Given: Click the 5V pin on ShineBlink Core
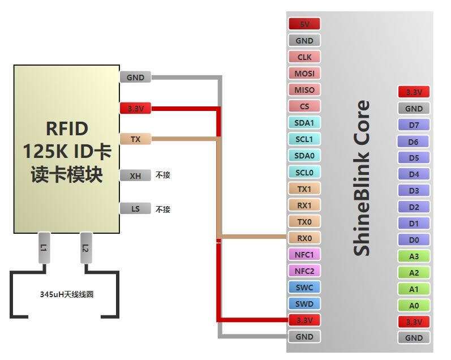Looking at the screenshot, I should tap(304, 24).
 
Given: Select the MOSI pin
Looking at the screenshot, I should tap(304, 73).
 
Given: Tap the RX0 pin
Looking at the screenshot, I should tap(304, 238).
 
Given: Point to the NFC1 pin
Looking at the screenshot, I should tap(304, 254).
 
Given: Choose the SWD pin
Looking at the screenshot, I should tap(304, 303).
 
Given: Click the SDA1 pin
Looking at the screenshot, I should tap(304, 122).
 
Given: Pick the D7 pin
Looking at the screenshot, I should tap(414, 125).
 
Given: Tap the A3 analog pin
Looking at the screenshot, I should tap(414, 256).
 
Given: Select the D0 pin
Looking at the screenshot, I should tap(414, 240).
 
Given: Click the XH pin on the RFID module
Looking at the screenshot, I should tap(135, 175).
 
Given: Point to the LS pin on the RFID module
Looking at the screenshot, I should tap(135, 209).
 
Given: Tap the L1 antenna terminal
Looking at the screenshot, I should tap(45, 248).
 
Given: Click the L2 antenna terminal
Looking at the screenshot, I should tap(85, 248).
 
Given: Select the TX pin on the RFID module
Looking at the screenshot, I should tap(135, 139).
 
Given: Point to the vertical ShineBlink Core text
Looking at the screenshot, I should tap(362, 178).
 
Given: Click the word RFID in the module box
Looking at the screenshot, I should tap(66, 129).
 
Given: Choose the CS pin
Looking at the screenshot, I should tap(304, 106).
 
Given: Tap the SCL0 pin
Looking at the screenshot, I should tap(304, 172).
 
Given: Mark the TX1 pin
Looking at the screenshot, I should tap(304, 188).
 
